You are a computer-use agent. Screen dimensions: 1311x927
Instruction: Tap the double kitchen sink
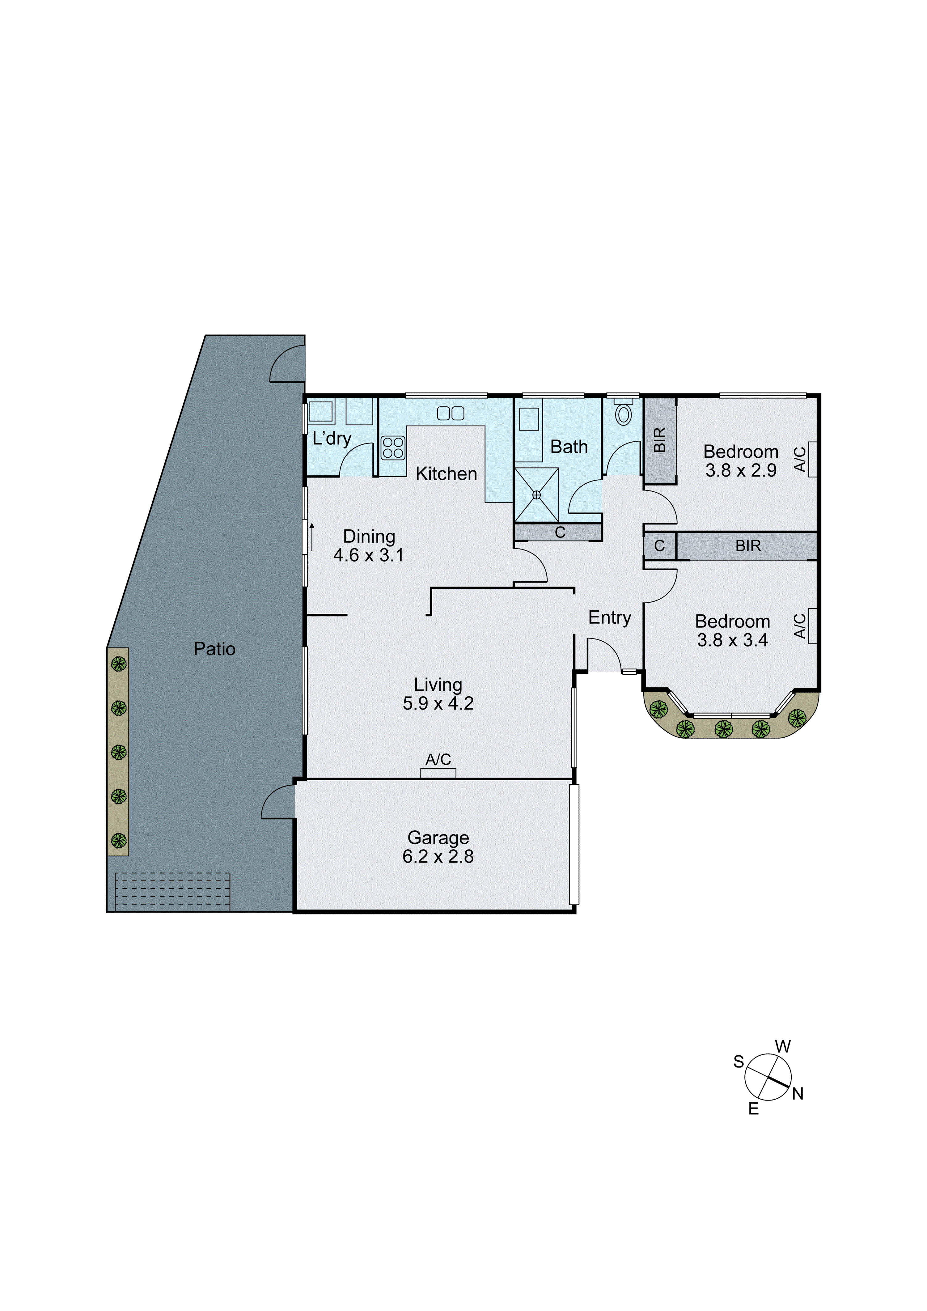click(x=451, y=413)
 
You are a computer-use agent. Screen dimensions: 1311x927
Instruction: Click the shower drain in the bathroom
click(x=536, y=495)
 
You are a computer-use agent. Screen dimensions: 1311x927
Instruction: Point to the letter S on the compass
click(x=739, y=1062)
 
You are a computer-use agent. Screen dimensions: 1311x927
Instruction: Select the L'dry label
click(x=332, y=439)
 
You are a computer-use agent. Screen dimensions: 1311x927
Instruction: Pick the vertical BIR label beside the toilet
click(x=660, y=440)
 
